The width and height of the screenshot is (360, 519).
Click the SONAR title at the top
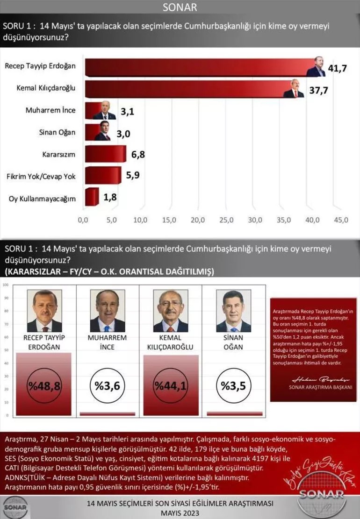click(180, 7)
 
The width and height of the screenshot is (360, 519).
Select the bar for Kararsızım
click(105, 153)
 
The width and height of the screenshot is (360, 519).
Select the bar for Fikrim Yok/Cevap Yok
click(103, 176)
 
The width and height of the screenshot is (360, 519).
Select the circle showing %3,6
click(108, 385)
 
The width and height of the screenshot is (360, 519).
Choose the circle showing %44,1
click(171, 385)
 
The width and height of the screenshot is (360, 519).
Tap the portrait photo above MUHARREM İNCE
click(108, 311)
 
